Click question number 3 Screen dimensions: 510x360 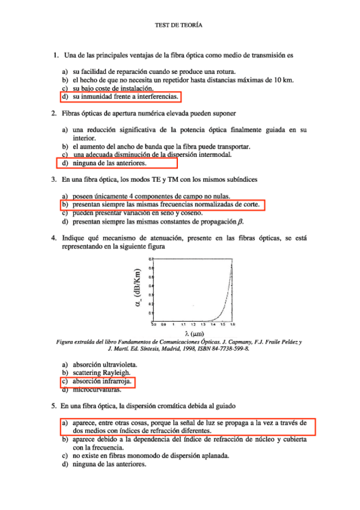tap(55, 179)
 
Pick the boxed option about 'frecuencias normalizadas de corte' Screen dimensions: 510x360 tap(163, 205)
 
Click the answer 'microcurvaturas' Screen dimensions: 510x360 tap(96, 390)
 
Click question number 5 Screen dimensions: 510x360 tap(55, 406)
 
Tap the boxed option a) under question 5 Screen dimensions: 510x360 tap(186, 426)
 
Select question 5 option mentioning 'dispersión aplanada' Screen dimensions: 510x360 tap(150, 456)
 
